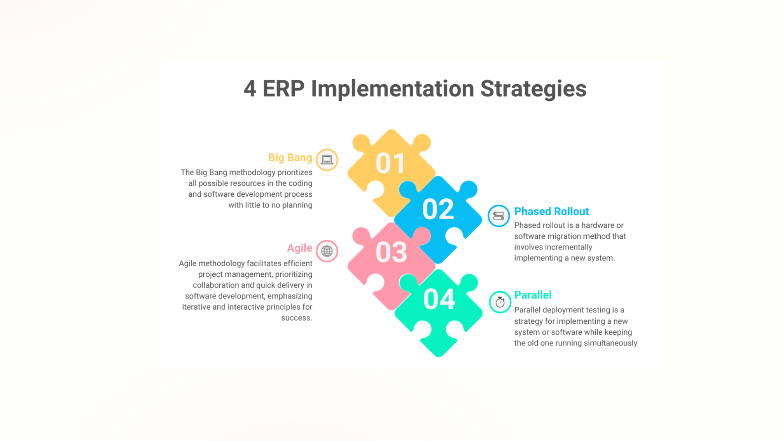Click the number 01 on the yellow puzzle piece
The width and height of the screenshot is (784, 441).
pyautogui.click(x=390, y=163)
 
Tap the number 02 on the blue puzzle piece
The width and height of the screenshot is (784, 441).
pyautogui.click(x=438, y=209)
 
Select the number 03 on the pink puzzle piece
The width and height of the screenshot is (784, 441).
pyautogui.click(x=391, y=252)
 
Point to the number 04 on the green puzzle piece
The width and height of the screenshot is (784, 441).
pyautogui.click(x=439, y=299)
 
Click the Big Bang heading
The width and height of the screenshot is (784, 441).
pyautogui.click(x=290, y=158)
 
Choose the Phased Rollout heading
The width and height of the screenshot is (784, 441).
pyautogui.click(x=551, y=212)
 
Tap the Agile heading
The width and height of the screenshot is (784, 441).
pyautogui.click(x=299, y=248)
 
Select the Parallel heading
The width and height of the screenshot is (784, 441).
pyautogui.click(x=532, y=295)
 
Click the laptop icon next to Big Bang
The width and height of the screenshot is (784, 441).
pyautogui.click(x=327, y=160)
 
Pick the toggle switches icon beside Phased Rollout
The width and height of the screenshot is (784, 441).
pyautogui.click(x=499, y=216)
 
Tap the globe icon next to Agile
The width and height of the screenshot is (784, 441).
pyautogui.click(x=327, y=251)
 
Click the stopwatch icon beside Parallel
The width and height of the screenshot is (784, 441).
pyautogui.click(x=500, y=302)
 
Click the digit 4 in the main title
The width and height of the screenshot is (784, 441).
pyautogui.click(x=250, y=89)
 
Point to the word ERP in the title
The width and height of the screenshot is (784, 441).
pyautogui.click(x=283, y=89)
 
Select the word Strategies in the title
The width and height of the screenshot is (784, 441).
pyautogui.click(x=533, y=89)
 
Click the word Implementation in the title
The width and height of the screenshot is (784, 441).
pyautogui.click(x=392, y=89)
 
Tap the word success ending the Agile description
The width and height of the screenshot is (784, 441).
pyautogui.click(x=296, y=318)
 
